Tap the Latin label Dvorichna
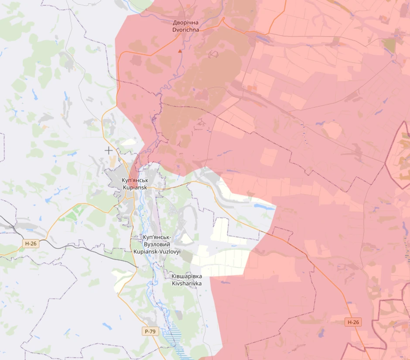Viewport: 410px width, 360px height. pyautogui.click(x=186, y=30)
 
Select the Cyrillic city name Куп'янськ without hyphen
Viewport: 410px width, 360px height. pyautogui.click(x=135, y=180)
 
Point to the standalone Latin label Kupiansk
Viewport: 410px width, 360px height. pyautogui.click(x=135, y=187)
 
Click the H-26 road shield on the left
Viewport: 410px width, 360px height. pyautogui.click(x=31, y=244)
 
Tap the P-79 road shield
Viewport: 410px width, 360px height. pyautogui.click(x=150, y=331)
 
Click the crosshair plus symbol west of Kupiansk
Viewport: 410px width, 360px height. pyautogui.click(x=108, y=151)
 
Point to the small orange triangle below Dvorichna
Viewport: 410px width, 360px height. pyautogui.click(x=179, y=51)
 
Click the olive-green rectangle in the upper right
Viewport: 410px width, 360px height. pyautogui.click(x=389, y=45)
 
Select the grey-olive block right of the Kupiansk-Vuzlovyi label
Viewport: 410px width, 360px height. pyautogui.click(x=187, y=256)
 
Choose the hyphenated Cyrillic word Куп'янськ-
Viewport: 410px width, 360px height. pyautogui.click(x=157, y=237)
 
